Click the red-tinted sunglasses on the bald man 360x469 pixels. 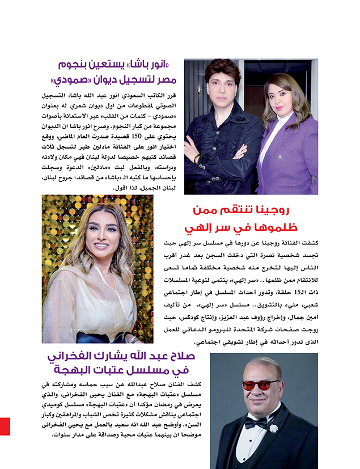(x=261, y=385)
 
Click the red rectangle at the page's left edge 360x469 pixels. (x=5, y=426)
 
